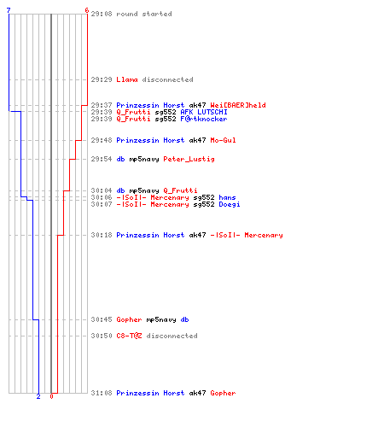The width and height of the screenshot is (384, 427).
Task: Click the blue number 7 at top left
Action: (9, 10)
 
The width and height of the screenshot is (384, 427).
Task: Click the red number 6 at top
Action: (87, 10)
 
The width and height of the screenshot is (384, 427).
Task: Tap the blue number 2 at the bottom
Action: (38, 396)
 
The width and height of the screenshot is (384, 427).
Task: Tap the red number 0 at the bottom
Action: (51, 396)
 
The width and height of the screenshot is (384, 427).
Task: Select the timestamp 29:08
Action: (102, 14)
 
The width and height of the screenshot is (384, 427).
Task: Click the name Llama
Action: (127, 79)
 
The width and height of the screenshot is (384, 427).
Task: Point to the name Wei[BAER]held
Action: (238, 105)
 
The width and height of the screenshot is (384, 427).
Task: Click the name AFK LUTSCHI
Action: (204, 112)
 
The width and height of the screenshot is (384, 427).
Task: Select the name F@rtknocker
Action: (204, 119)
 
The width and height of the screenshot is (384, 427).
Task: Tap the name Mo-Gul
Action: (223, 140)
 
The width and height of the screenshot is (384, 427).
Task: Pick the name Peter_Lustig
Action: (189, 159)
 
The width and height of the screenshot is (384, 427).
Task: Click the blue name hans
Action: (227, 197)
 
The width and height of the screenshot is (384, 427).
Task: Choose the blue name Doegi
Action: (230, 204)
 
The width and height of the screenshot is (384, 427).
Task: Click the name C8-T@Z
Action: (129, 336)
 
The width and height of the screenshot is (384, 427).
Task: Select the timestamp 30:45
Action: (102, 319)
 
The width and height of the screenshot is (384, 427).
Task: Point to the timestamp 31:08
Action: (102, 393)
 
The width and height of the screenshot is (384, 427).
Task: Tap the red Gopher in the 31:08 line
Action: (223, 393)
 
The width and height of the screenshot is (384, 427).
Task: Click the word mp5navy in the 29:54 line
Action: (144, 159)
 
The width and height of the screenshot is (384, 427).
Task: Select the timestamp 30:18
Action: (102, 235)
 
